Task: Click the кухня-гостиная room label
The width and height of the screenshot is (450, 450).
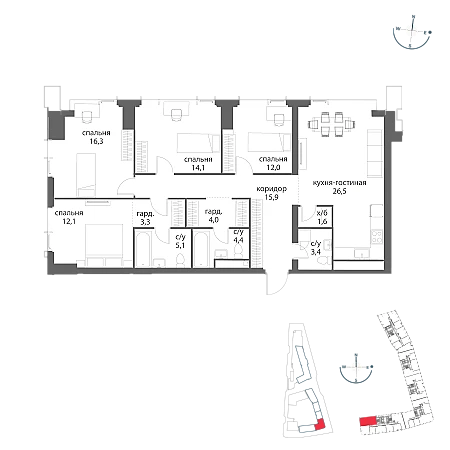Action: click(x=339, y=183)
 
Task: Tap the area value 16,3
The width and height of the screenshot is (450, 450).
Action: click(x=96, y=141)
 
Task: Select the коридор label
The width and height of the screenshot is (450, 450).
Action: click(x=271, y=189)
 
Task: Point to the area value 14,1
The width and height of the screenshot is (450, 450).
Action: click(x=198, y=168)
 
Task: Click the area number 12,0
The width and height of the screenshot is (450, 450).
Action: click(x=273, y=168)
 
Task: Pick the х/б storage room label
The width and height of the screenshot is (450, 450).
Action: click(x=323, y=212)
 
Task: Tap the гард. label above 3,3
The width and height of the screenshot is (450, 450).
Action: click(x=145, y=214)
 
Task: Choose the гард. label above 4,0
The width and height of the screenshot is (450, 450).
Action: click(x=214, y=212)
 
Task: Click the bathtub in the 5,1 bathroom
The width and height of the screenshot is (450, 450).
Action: click(x=143, y=248)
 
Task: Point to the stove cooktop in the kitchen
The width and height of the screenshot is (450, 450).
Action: click(x=377, y=237)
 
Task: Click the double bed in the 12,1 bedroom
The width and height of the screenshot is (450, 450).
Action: click(x=104, y=245)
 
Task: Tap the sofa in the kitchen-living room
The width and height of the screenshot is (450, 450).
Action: click(x=374, y=154)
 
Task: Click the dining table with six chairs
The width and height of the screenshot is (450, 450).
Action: click(x=331, y=124)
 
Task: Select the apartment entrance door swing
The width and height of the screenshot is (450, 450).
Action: click(x=277, y=282)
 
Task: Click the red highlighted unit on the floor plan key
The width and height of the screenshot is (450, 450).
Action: click(x=367, y=421)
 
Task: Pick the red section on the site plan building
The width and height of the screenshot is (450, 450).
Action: click(x=319, y=424)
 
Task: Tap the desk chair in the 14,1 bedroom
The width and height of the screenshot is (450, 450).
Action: click(x=176, y=115)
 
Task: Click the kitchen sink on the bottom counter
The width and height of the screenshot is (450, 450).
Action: click(x=360, y=253)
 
